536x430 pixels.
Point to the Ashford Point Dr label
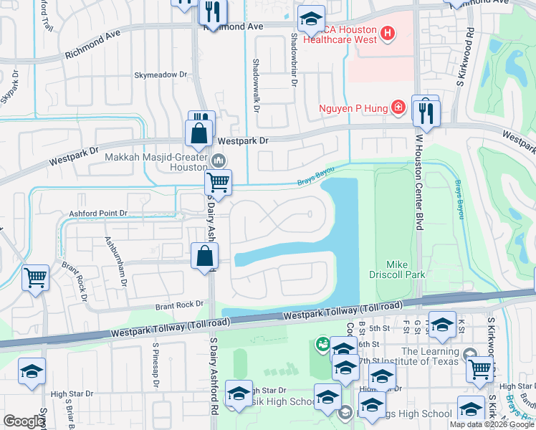tap(97, 214)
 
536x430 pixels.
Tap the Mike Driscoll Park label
tap(406, 269)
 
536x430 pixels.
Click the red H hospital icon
tap(388, 33)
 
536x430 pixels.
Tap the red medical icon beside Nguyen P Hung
tap(398, 108)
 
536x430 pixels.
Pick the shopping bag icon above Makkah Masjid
tap(198, 133)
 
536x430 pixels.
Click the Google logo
tap(24, 421)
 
